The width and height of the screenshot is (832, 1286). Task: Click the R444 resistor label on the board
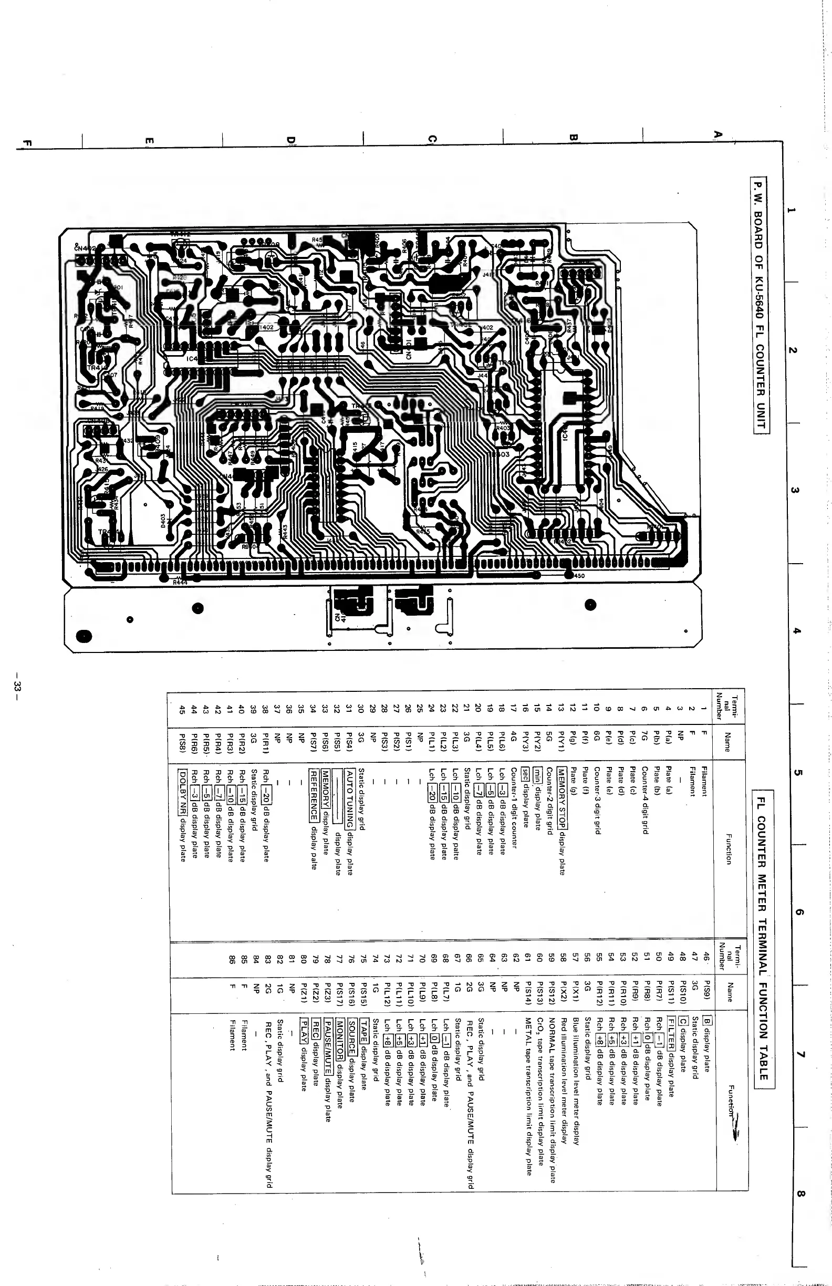(x=180, y=582)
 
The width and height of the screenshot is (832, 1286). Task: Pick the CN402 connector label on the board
(x=86, y=248)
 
